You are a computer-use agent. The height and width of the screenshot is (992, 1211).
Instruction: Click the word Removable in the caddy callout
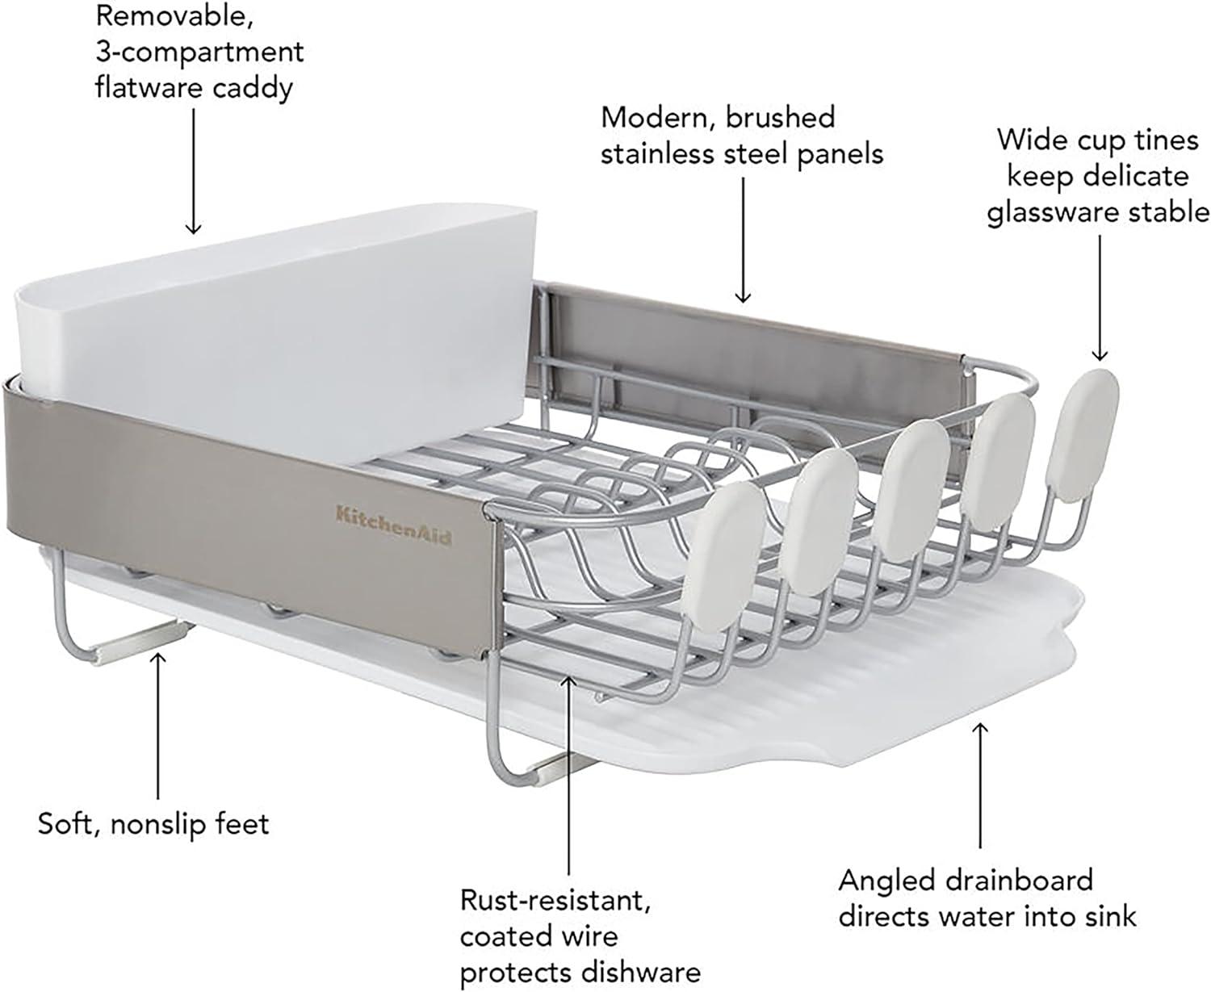pyautogui.click(x=175, y=15)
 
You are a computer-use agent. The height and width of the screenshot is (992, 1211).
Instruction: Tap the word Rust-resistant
pyautogui.click(x=555, y=900)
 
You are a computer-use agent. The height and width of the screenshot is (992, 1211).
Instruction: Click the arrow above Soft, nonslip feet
pyautogui.click(x=158, y=726)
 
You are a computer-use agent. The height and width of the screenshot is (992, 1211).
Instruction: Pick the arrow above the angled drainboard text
pyautogui.click(x=980, y=783)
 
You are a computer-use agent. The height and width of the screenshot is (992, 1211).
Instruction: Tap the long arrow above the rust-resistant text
pyautogui.click(x=570, y=775)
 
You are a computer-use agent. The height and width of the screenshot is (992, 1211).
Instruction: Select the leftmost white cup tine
pyautogui.click(x=731, y=534)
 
